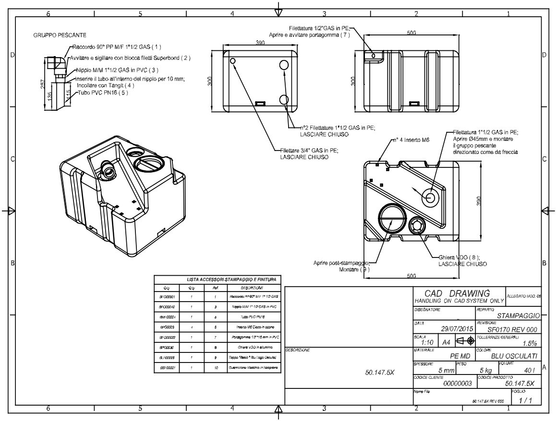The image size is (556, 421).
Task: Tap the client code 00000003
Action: [458, 384]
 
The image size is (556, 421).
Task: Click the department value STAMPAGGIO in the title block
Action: [519, 316]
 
